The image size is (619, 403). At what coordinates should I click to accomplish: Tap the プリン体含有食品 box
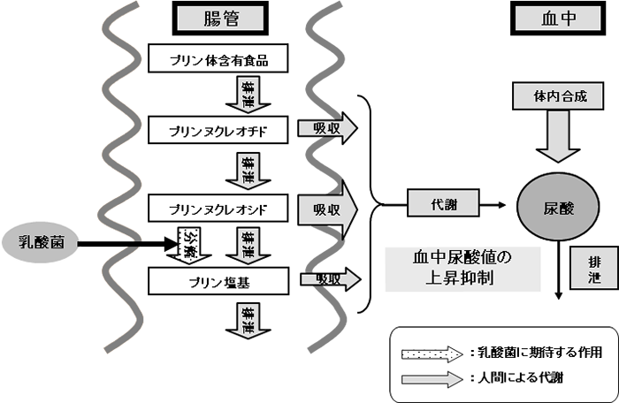pos(218,60)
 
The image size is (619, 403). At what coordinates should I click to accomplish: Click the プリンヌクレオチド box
pos(218,132)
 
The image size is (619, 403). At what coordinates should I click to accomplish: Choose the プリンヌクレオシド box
pos(218,209)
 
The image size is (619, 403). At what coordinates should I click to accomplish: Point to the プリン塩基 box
pos(218,282)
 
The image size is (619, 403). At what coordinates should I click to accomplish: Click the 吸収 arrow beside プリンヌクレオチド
pos(327,128)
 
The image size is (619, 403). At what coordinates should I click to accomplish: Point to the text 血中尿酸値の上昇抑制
pos(462,268)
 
